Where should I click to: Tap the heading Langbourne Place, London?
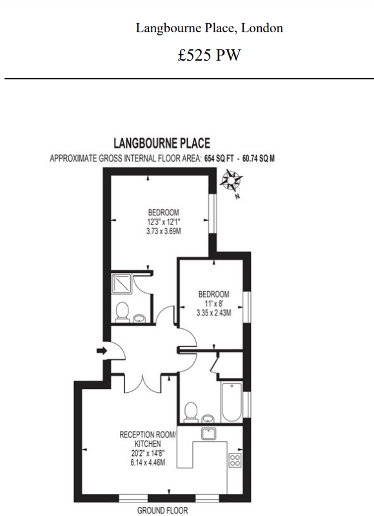pos(209,28)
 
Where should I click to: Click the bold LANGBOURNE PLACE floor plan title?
pos(162,143)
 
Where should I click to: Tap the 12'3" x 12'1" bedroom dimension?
pos(163,222)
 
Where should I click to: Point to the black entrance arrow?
pos(101,350)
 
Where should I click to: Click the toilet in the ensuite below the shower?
pos(121,313)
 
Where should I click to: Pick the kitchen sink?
pos(208,433)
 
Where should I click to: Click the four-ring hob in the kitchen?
pos(235,460)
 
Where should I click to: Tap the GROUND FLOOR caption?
pos(162,511)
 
